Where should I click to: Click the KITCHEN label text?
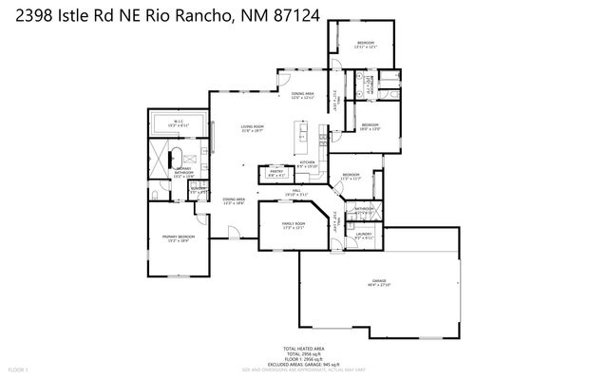coord(307,163)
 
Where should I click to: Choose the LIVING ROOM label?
coord(252,127)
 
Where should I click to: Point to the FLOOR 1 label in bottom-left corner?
coord(18,369)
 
